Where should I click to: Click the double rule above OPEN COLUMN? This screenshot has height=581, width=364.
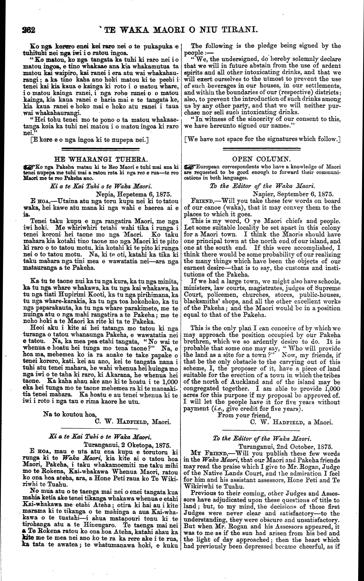pyautogui.click(x=261, y=148)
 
